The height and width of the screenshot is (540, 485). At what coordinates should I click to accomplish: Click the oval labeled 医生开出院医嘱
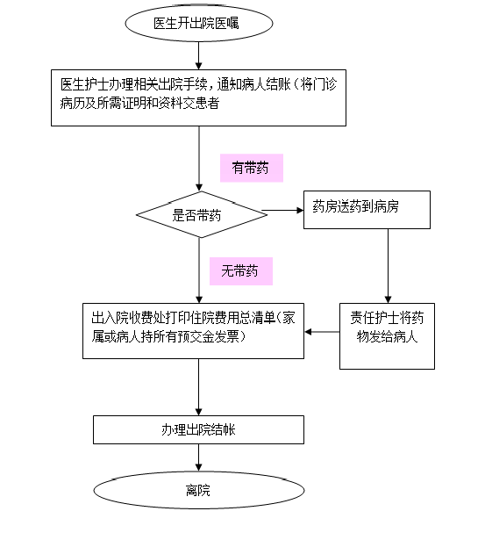tap(199, 23)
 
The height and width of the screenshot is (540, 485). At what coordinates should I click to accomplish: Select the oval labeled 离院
tap(199, 490)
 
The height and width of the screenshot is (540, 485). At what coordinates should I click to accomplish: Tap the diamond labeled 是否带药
tap(202, 214)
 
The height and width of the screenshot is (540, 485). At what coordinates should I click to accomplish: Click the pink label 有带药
tap(252, 168)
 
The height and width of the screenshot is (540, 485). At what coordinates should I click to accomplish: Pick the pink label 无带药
tap(241, 271)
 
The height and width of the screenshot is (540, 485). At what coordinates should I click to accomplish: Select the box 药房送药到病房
tap(367, 210)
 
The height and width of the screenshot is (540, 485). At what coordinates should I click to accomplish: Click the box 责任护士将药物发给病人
tap(387, 336)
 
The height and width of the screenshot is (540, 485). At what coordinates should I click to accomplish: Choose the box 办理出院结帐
tap(198, 429)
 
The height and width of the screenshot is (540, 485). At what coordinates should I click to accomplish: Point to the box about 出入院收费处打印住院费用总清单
tap(193, 331)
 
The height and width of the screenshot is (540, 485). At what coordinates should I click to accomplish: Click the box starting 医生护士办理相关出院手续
tap(198, 97)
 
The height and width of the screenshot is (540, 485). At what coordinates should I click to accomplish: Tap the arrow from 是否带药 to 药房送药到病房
tap(282, 210)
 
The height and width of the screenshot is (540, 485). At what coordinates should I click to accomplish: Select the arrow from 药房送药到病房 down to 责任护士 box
tap(388, 266)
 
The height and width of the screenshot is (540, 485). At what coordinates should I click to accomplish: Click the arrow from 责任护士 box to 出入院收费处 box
tap(322, 332)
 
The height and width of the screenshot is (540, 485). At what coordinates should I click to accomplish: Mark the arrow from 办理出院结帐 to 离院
tap(198, 457)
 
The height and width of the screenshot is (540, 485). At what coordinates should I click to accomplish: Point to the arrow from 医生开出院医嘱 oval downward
tap(198, 56)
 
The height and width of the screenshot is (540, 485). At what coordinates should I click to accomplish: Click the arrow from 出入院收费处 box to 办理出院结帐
tap(198, 387)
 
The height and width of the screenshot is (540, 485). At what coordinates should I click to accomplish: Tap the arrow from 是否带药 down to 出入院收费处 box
tap(199, 270)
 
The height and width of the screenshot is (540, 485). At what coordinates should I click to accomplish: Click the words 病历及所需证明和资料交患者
tap(139, 103)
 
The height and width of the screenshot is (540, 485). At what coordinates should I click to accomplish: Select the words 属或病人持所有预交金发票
tap(165, 336)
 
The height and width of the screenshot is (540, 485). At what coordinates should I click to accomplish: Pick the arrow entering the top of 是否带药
tap(199, 158)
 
